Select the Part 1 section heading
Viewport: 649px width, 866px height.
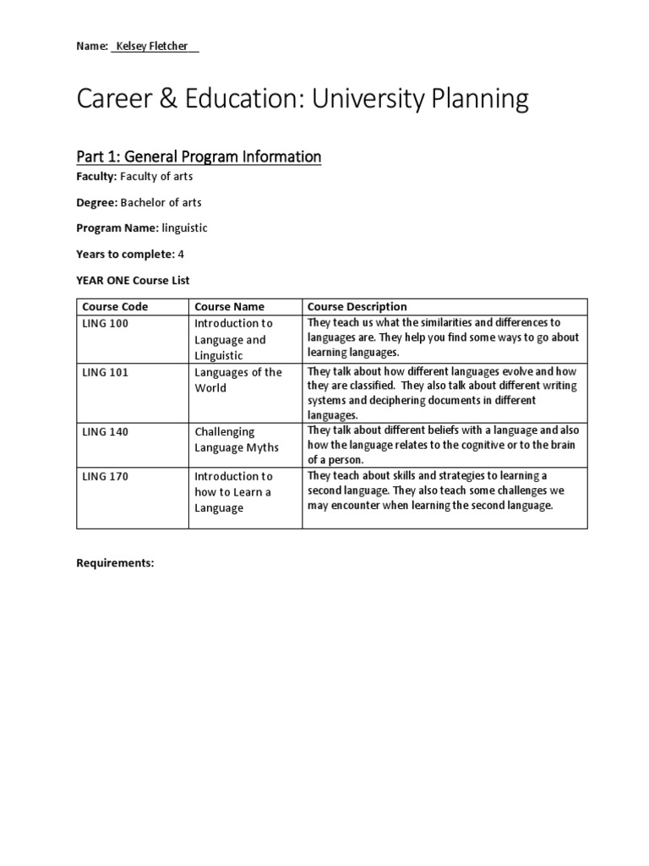click(x=199, y=156)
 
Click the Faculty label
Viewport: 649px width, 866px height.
click(x=95, y=177)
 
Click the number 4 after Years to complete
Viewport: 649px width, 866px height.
click(x=181, y=254)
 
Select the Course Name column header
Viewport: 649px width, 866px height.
click(x=230, y=307)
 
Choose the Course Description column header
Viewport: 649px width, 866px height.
click(x=357, y=307)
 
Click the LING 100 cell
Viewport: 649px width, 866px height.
click(x=106, y=324)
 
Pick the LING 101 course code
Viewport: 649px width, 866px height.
click(x=106, y=372)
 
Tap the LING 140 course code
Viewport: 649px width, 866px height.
click(x=106, y=431)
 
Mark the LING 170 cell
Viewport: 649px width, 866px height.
click(x=106, y=477)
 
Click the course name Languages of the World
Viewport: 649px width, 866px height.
click(x=238, y=380)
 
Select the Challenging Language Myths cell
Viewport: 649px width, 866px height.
click(x=237, y=439)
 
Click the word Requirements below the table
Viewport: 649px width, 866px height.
click(x=115, y=562)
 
